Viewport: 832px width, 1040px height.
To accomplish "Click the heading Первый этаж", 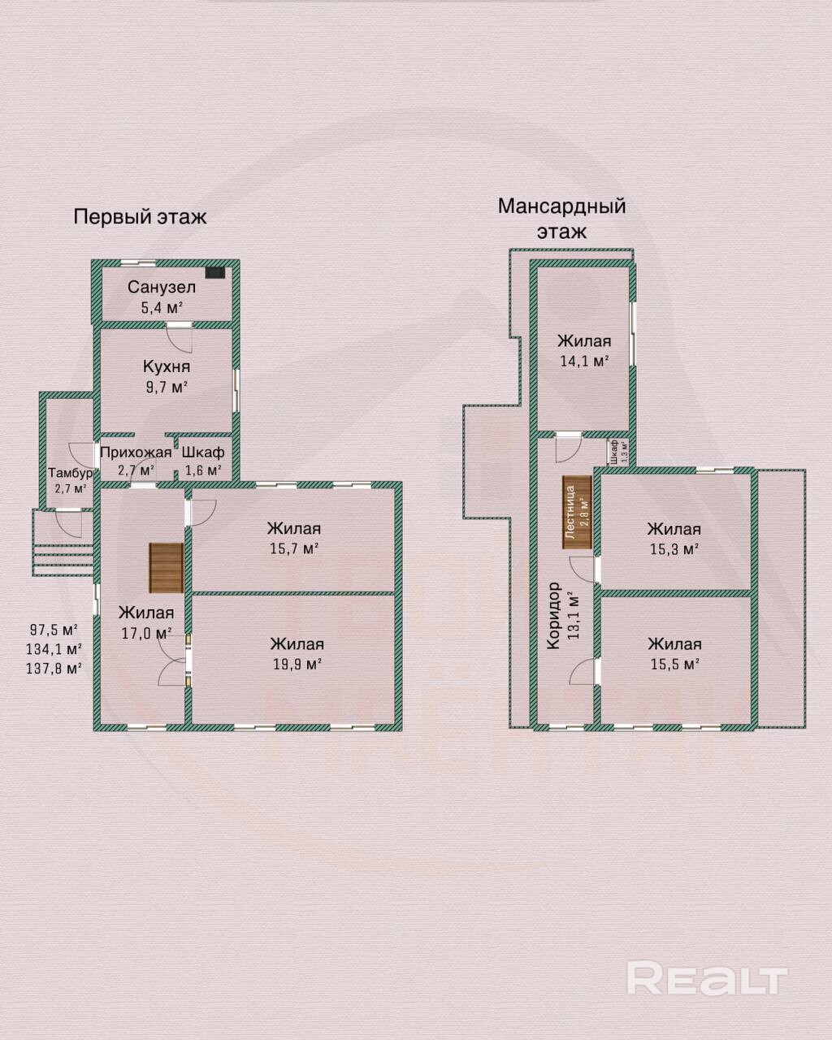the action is point(140,217).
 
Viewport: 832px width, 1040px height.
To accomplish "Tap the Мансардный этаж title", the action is point(561,219).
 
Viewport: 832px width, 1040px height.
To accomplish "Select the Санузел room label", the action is point(162,287).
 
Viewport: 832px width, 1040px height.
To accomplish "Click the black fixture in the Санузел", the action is point(215,273).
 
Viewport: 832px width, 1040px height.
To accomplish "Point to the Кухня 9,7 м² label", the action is point(167,376).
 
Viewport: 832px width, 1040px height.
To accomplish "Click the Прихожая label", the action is point(136,453).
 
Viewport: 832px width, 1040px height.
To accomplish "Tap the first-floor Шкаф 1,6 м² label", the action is point(203,461).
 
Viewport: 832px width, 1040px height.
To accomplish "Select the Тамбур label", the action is point(71,473).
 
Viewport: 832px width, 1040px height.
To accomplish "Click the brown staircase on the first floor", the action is point(167,568).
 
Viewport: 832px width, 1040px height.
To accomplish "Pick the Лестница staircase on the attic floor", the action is point(577,512).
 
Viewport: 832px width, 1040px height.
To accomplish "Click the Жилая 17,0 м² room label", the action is point(146,622).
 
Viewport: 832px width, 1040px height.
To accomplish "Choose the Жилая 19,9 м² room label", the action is point(297,654).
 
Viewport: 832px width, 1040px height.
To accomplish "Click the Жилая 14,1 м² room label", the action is point(584,351).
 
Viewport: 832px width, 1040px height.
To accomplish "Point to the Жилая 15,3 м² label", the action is point(674,539).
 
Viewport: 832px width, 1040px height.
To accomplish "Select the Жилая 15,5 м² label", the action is point(674,654).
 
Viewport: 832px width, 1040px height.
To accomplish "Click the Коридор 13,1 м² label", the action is point(563,615).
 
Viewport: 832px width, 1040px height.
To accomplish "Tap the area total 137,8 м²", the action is point(53,669).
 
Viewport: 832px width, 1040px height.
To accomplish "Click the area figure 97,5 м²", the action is point(54,630).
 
